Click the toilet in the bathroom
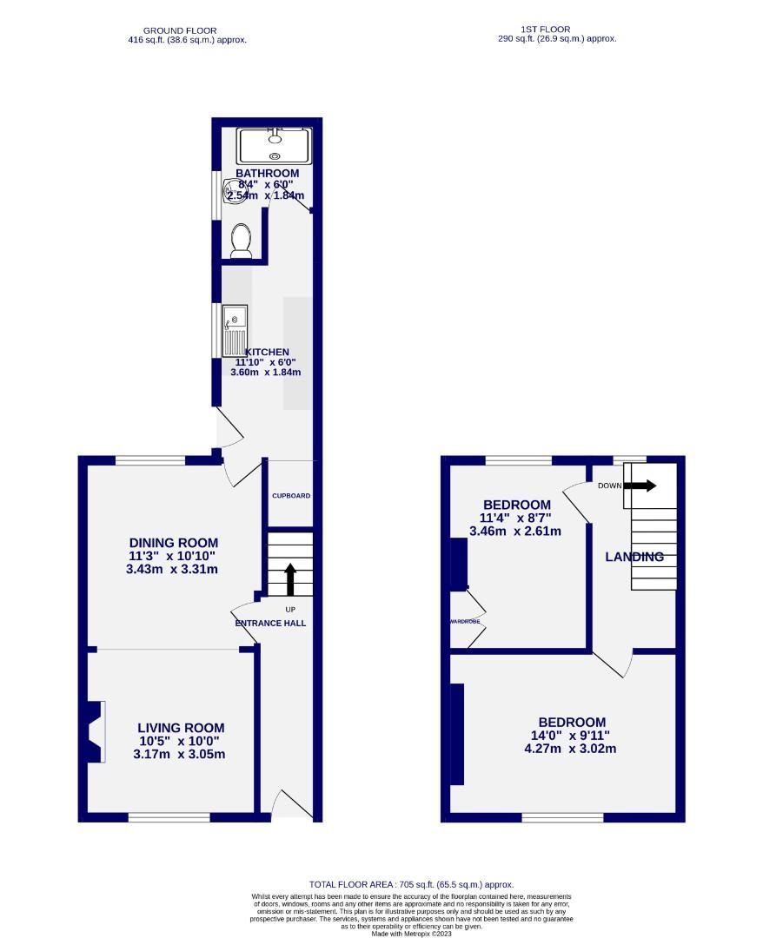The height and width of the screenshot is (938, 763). pos(242,241)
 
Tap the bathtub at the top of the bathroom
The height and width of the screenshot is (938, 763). pos(275,145)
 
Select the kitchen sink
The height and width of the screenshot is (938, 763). pos(235,330)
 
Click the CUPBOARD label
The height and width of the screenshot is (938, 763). pos(291,496)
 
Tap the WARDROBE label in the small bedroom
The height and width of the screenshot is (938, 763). pos(465,622)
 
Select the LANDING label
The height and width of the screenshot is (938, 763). pos(634,557)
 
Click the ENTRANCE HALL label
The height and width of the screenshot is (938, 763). pos(270,624)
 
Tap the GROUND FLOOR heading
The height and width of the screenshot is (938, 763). pos(180,30)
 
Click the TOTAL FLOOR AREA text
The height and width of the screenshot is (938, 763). pos(411,884)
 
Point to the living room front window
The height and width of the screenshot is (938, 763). pos(169,816)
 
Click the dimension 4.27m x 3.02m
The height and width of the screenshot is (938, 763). pos(571,749)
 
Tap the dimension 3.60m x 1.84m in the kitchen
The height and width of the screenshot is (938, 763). pos(265,373)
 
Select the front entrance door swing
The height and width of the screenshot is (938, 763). pos(290,804)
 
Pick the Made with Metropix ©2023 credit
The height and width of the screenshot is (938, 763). pos(412,934)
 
